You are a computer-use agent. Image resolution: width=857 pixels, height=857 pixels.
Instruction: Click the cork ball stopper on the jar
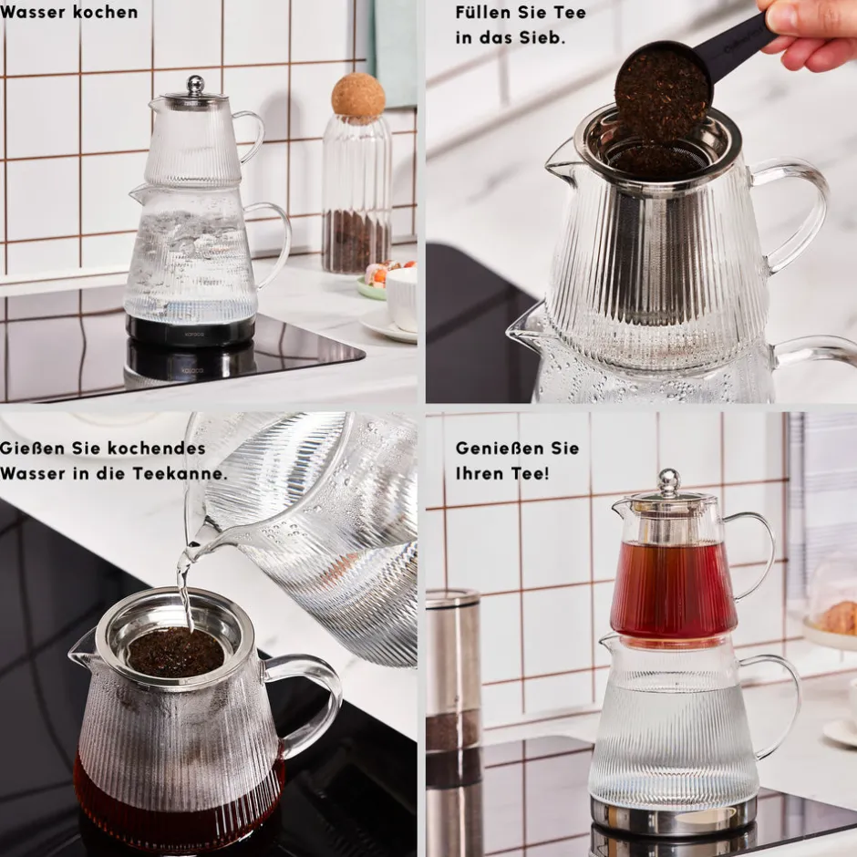pyautogui.click(x=358, y=95)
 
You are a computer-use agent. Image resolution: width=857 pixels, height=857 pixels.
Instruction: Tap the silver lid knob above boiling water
pyautogui.click(x=196, y=84)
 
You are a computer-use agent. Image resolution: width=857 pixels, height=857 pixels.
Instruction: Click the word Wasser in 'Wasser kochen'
pyautogui.click(x=32, y=12)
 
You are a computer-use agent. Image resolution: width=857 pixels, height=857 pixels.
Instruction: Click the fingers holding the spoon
pyautogui.click(x=809, y=33)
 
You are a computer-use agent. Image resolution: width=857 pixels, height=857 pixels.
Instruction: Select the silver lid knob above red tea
pyautogui.click(x=668, y=481)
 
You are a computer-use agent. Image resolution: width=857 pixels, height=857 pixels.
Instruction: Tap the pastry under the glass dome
pyautogui.click(x=838, y=617)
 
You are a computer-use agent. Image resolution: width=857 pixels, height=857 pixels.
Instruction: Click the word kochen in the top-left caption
pyautogui.click(x=105, y=12)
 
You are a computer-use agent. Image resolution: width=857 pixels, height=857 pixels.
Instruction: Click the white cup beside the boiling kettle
pyautogui.click(x=402, y=298)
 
